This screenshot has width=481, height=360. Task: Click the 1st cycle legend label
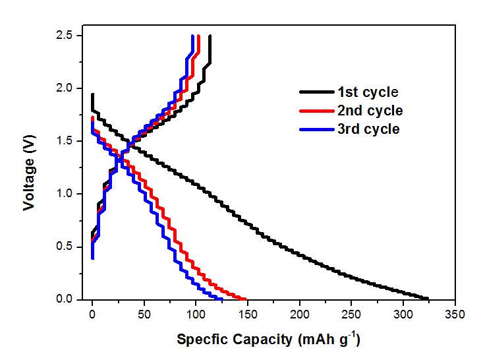(368, 92)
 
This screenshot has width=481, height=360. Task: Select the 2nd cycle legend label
(370, 111)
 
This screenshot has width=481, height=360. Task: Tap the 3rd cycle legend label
(369, 129)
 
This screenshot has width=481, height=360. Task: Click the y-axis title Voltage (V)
(29, 168)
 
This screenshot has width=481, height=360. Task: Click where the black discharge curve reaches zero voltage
(428, 299)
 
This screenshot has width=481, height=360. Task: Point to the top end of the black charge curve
(210, 36)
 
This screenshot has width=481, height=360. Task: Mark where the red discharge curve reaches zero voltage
(245, 299)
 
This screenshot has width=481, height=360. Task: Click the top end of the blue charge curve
(192, 36)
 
